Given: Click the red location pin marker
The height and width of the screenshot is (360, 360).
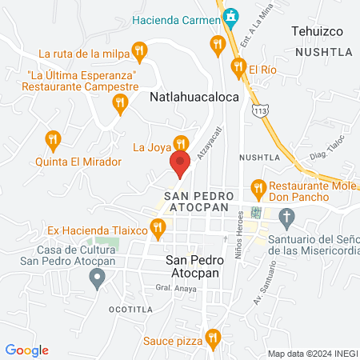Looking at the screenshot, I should coord(180,163).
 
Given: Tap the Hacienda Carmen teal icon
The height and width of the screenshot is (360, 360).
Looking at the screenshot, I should coord(231,15).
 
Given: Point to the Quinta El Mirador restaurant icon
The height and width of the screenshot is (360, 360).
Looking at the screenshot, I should coord(54,141).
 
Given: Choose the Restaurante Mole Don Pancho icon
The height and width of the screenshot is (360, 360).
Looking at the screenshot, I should coord(258,189).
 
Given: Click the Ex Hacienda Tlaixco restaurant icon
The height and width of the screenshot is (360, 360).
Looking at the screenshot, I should coord(158,230).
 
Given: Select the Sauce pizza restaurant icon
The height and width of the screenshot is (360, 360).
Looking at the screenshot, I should coord(212,338).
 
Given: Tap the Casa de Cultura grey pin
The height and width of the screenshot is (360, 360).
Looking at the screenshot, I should coord(98,279).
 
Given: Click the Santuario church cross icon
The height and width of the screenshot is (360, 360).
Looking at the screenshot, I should coord(286,216).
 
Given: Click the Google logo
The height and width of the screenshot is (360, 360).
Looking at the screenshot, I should coord(26,350).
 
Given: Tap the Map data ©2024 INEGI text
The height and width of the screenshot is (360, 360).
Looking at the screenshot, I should coord(311,354).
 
